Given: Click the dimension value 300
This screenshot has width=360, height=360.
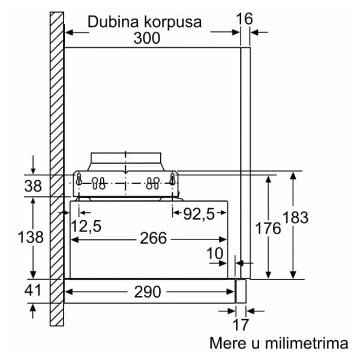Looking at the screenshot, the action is coord(147,38).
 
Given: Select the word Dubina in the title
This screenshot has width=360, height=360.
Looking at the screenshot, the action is coord(113,22).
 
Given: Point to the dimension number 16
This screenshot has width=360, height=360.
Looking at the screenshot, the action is coord(244,19).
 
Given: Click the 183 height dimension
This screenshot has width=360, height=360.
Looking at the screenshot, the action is coord(295,217).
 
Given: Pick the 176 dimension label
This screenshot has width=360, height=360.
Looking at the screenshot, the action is coord(268,228).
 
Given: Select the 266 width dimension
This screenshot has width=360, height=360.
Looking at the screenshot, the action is coord(153,238).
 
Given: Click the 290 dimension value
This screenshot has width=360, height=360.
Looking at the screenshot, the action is coord(148,292).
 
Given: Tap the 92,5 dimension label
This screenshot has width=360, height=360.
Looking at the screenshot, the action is coord(199,214).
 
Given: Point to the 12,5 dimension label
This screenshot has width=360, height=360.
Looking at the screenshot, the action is coord(86,226).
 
